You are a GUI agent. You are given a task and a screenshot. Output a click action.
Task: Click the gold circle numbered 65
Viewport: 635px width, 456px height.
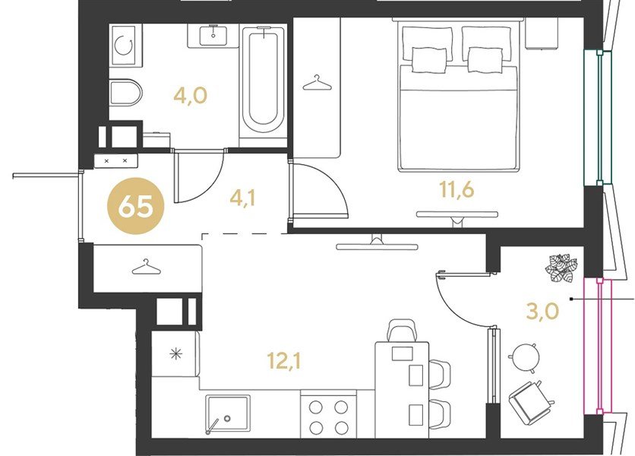click(x=136, y=206)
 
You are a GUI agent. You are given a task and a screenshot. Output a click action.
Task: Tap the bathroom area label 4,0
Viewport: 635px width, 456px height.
click(x=191, y=96)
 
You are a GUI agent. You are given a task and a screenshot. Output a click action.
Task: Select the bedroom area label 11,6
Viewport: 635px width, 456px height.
click(x=457, y=189)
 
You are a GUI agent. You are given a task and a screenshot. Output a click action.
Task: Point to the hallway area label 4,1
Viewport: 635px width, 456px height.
click(x=242, y=198)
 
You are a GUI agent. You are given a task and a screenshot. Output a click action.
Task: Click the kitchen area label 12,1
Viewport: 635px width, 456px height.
click(x=284, y=360)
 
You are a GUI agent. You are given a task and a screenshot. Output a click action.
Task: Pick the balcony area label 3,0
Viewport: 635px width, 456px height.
click(x=542, y=312)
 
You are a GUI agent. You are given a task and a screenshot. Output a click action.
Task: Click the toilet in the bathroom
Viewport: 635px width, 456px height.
click(x=126, y=92)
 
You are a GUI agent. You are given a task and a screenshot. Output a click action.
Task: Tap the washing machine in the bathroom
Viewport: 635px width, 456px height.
click(x=126, y=45)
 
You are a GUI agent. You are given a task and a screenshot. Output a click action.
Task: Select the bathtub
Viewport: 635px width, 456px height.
click(x=264, y=81)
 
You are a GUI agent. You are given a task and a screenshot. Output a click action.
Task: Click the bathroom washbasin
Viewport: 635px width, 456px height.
click(x=213, y=35)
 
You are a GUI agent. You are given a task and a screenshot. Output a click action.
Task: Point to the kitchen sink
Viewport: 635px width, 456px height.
click(x=227, y=413)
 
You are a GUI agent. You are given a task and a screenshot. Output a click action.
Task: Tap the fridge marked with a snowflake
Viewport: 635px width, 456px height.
click(x=175, y=353)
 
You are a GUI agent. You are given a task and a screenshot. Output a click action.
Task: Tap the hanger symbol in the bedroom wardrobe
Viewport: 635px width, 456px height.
click(x=317, y=83)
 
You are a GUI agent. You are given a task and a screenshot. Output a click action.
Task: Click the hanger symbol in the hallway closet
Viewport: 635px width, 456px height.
click(x=146, y=266)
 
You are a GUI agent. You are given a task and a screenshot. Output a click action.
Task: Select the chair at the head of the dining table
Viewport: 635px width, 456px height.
click(x=402, y=331)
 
